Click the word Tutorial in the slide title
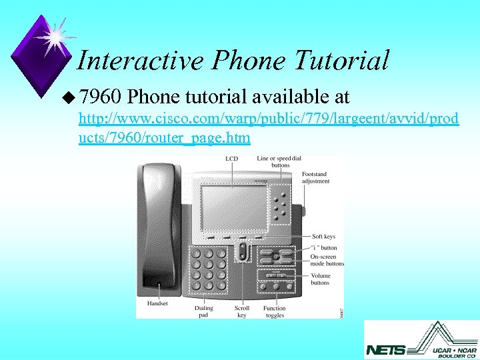click(x=340, y=61)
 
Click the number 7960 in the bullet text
click(x=100, y=97)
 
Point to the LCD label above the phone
click(x=231, y=159)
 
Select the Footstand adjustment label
click(x=315, y=177)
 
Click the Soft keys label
click(x=323, y=236)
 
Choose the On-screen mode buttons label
click(x=327, y=260)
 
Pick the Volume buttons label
click(x=320, y=279)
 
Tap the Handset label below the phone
click(x=157, y=304)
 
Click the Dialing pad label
click(x=204, y=311)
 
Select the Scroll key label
click(x=242, y=311)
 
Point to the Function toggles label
click(x=274, y=311)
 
